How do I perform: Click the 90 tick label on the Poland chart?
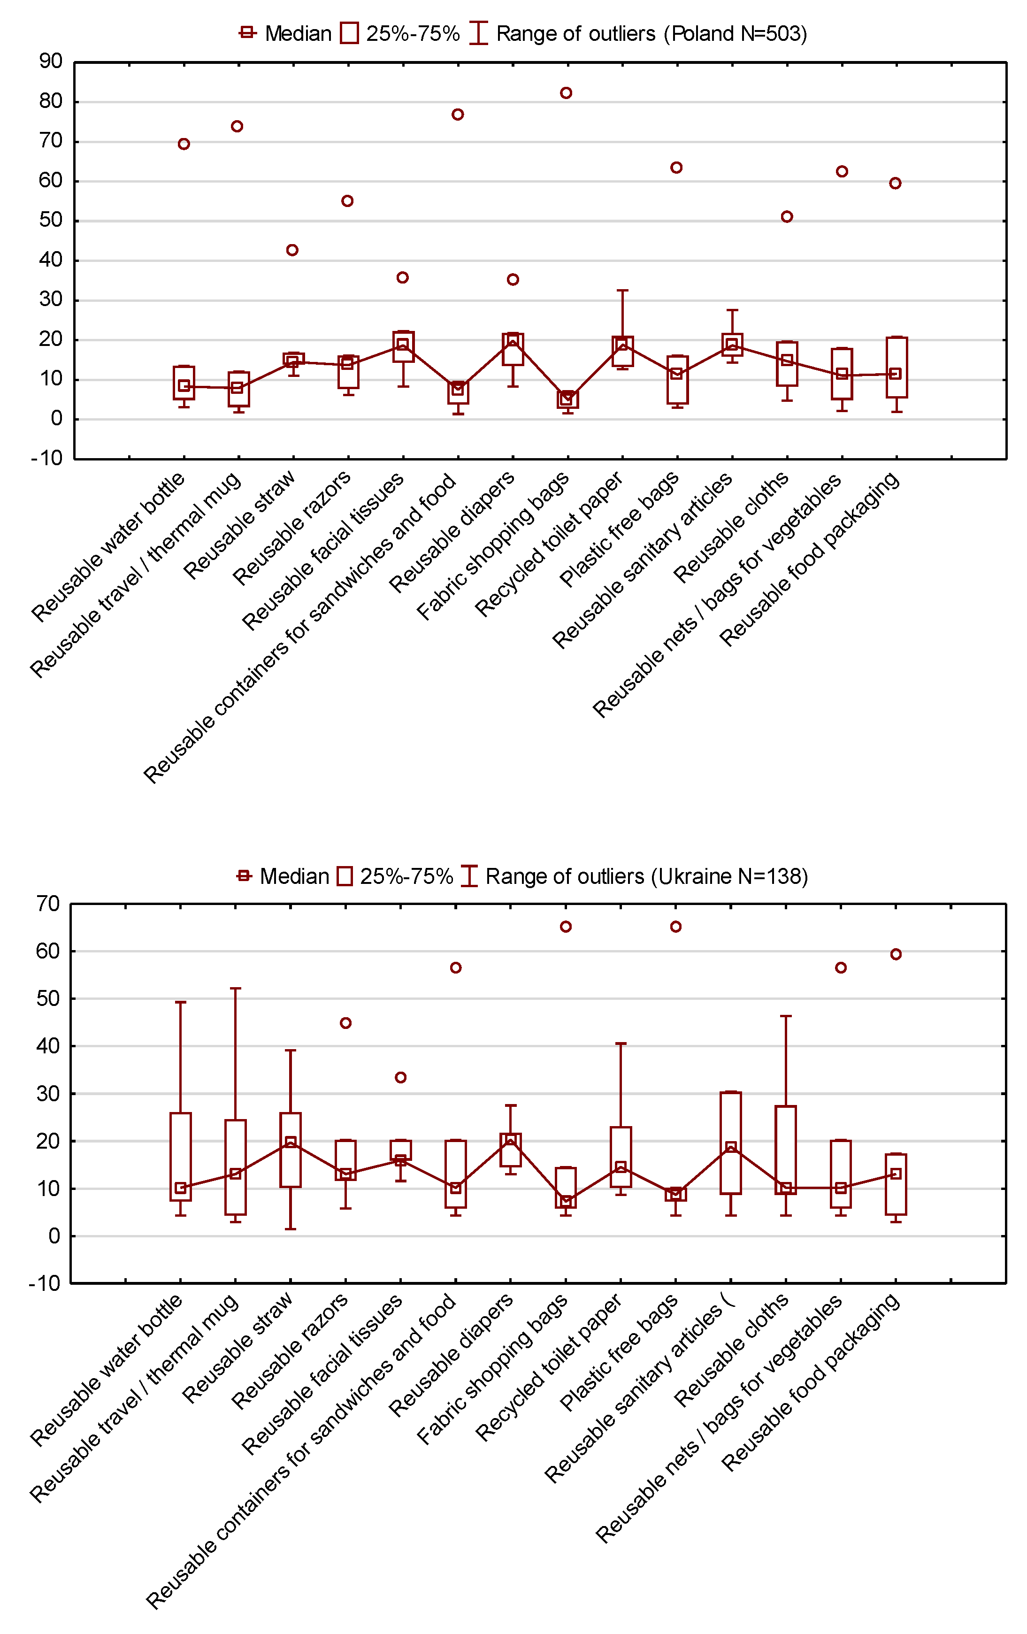tap(51, 62)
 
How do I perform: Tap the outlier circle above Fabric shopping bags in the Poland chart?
tap(566, 93)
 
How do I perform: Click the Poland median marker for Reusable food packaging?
tap(896, 374)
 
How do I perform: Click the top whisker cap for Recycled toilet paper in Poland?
tap(622, 291)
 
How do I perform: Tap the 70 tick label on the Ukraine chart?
tap(48, 904)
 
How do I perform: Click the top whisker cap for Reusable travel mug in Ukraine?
tap(235, 989)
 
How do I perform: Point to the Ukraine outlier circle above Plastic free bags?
tap(675, 927)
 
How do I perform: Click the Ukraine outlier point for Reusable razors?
tap(345, 1023)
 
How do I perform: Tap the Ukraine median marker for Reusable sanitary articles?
tap(730, 1148)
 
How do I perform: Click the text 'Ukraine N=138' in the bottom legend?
tap(729, 877)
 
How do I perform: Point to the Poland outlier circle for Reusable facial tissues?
tap(402, 277)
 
